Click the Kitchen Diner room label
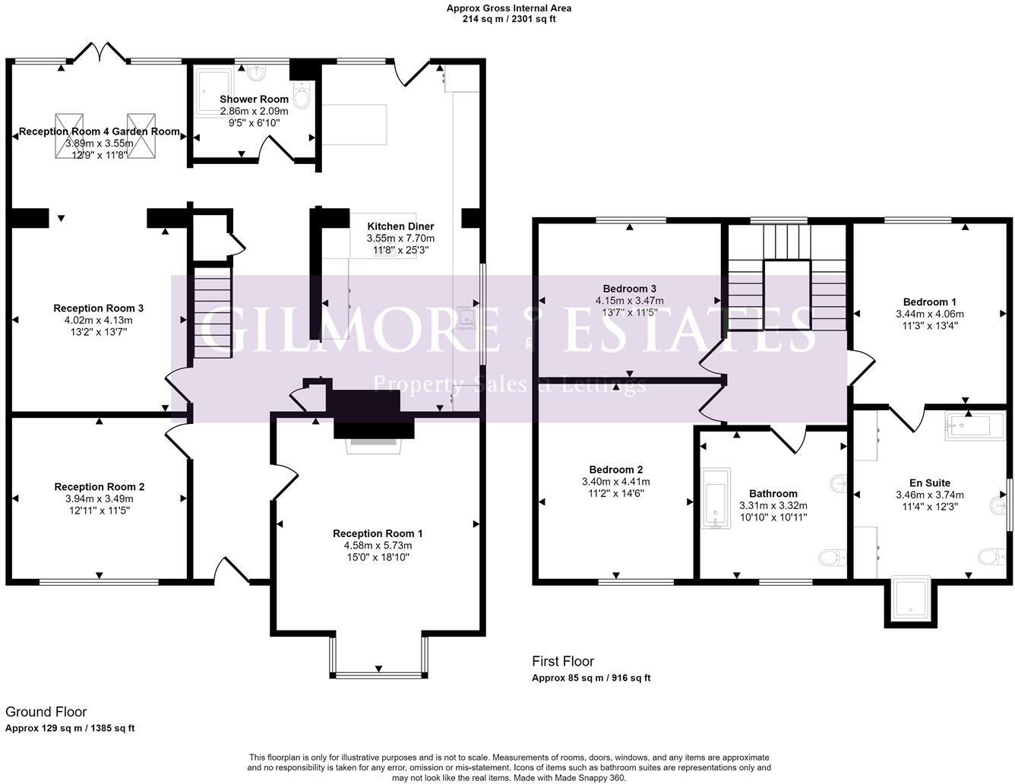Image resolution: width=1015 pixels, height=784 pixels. tap(400, 226)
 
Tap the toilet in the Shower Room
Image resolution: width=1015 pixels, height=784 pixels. tap(302, 96)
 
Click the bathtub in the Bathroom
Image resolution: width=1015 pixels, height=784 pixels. tap(715, 498)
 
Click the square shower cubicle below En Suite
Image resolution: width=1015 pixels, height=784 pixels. tap(910, 598)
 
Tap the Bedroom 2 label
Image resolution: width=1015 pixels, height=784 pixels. tap(616, 469)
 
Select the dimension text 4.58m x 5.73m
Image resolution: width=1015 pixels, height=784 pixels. tap(378, 545)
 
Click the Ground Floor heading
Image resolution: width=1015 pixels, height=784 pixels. tap(46, 712)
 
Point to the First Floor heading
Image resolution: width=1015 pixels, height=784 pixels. tap(563, 662)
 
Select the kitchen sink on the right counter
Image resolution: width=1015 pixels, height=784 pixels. tap(468, 317)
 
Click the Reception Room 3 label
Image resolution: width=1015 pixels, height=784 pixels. tap(99, 308)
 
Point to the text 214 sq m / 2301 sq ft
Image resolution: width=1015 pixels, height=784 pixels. tap(509, 19)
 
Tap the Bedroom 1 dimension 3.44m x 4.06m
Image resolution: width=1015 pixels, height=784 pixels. tap(930, 314)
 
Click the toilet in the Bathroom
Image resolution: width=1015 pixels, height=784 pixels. tap(832, 558)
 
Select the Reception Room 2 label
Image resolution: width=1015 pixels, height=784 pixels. tap(100, 487)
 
